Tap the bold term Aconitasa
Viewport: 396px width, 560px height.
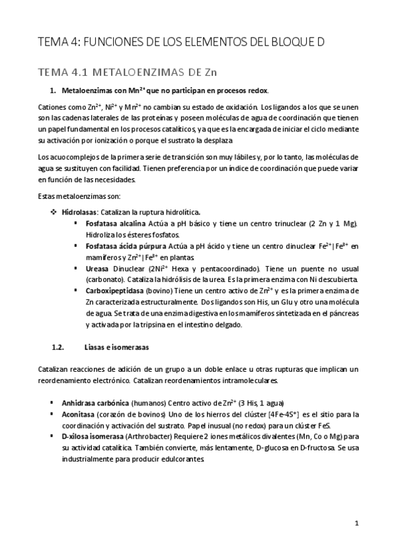(80, 413)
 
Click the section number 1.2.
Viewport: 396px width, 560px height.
(58, 347)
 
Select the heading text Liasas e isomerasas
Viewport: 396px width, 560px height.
(117, 347)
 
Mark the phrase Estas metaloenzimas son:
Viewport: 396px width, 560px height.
(73, 196)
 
